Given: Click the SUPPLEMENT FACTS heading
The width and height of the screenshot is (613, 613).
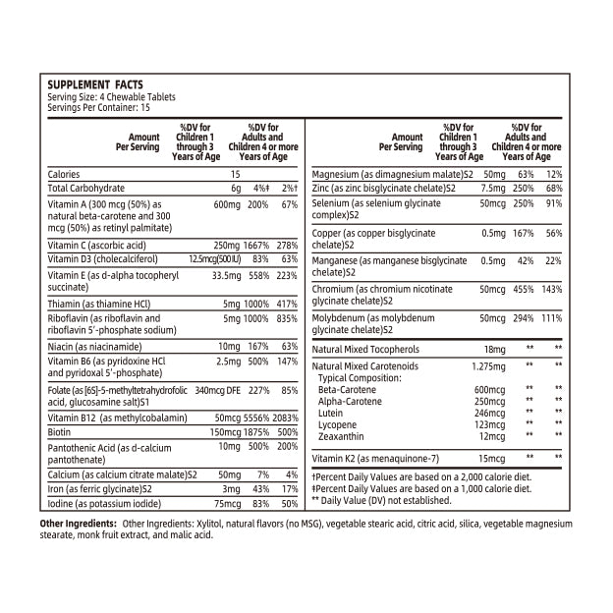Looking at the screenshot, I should click(95, 86).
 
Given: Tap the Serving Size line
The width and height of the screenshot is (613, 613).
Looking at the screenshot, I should click(99, 97).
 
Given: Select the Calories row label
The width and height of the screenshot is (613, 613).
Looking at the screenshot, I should click(64, 174).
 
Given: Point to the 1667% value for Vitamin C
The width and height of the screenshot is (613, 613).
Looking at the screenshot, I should click(257, 245).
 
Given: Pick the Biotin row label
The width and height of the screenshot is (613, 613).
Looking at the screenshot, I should click(60, 431).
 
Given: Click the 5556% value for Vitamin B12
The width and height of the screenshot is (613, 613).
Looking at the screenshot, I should click(257, 418).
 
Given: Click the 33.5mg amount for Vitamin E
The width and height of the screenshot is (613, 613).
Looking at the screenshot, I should click(226, 276).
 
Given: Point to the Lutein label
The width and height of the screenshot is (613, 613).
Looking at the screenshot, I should click(331, 413).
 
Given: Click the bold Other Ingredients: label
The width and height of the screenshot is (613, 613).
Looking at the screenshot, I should click(78, 524).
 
